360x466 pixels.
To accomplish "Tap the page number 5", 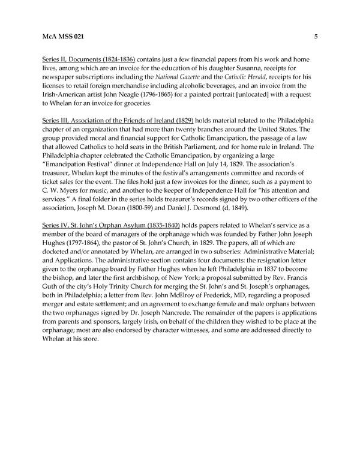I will point(316,37).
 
